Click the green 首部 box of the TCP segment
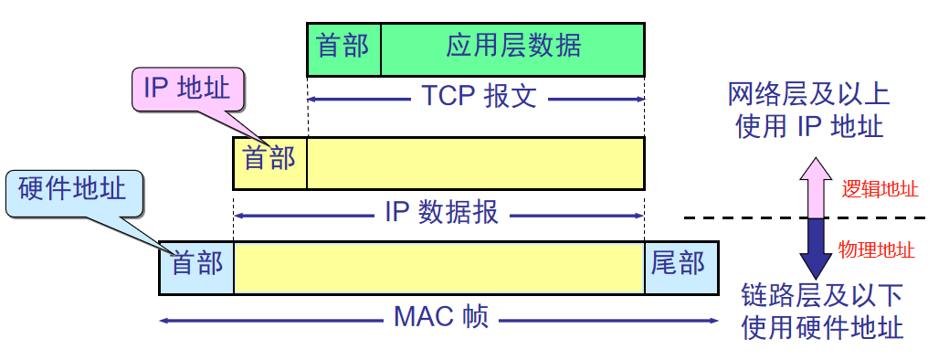click(x=343, y=48)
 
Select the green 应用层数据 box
click(x=512, y=48)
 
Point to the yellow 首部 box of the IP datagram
click(x=270, y=162)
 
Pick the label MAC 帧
click(x=441, y=318)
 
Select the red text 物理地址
click(x=877, y=248)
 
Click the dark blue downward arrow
click(x=815, y=247)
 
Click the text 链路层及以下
click(x=822, y=295)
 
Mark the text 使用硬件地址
click(x=822, y=326)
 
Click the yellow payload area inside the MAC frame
click(x=438, y=268)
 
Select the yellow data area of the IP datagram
click(x=475, y=162)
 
